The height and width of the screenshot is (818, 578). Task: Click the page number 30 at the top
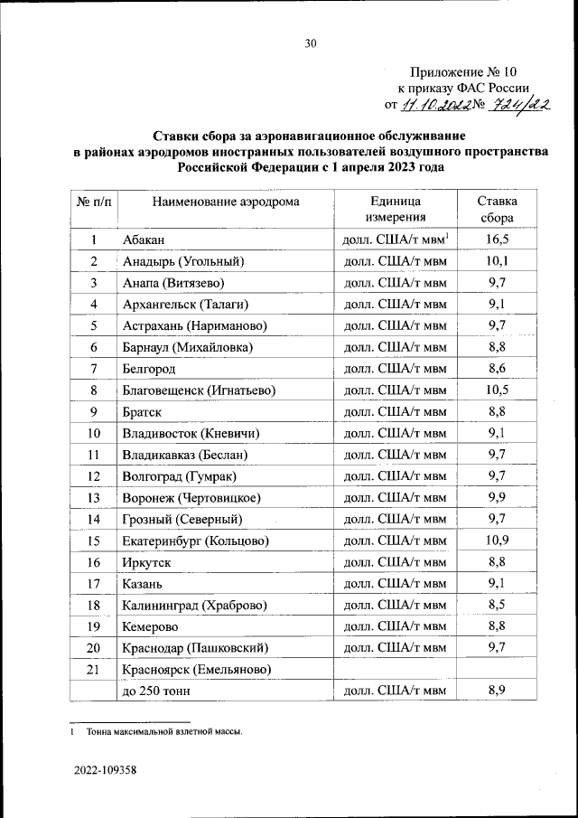point(310,42)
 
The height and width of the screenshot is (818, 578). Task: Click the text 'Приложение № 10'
point(463,71)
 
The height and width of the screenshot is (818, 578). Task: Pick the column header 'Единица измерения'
point(395,209)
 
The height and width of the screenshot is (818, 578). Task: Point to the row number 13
point(93,498)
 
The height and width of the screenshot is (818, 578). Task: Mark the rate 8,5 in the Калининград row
point(496,605)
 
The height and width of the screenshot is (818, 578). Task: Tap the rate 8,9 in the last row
point(496,691)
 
